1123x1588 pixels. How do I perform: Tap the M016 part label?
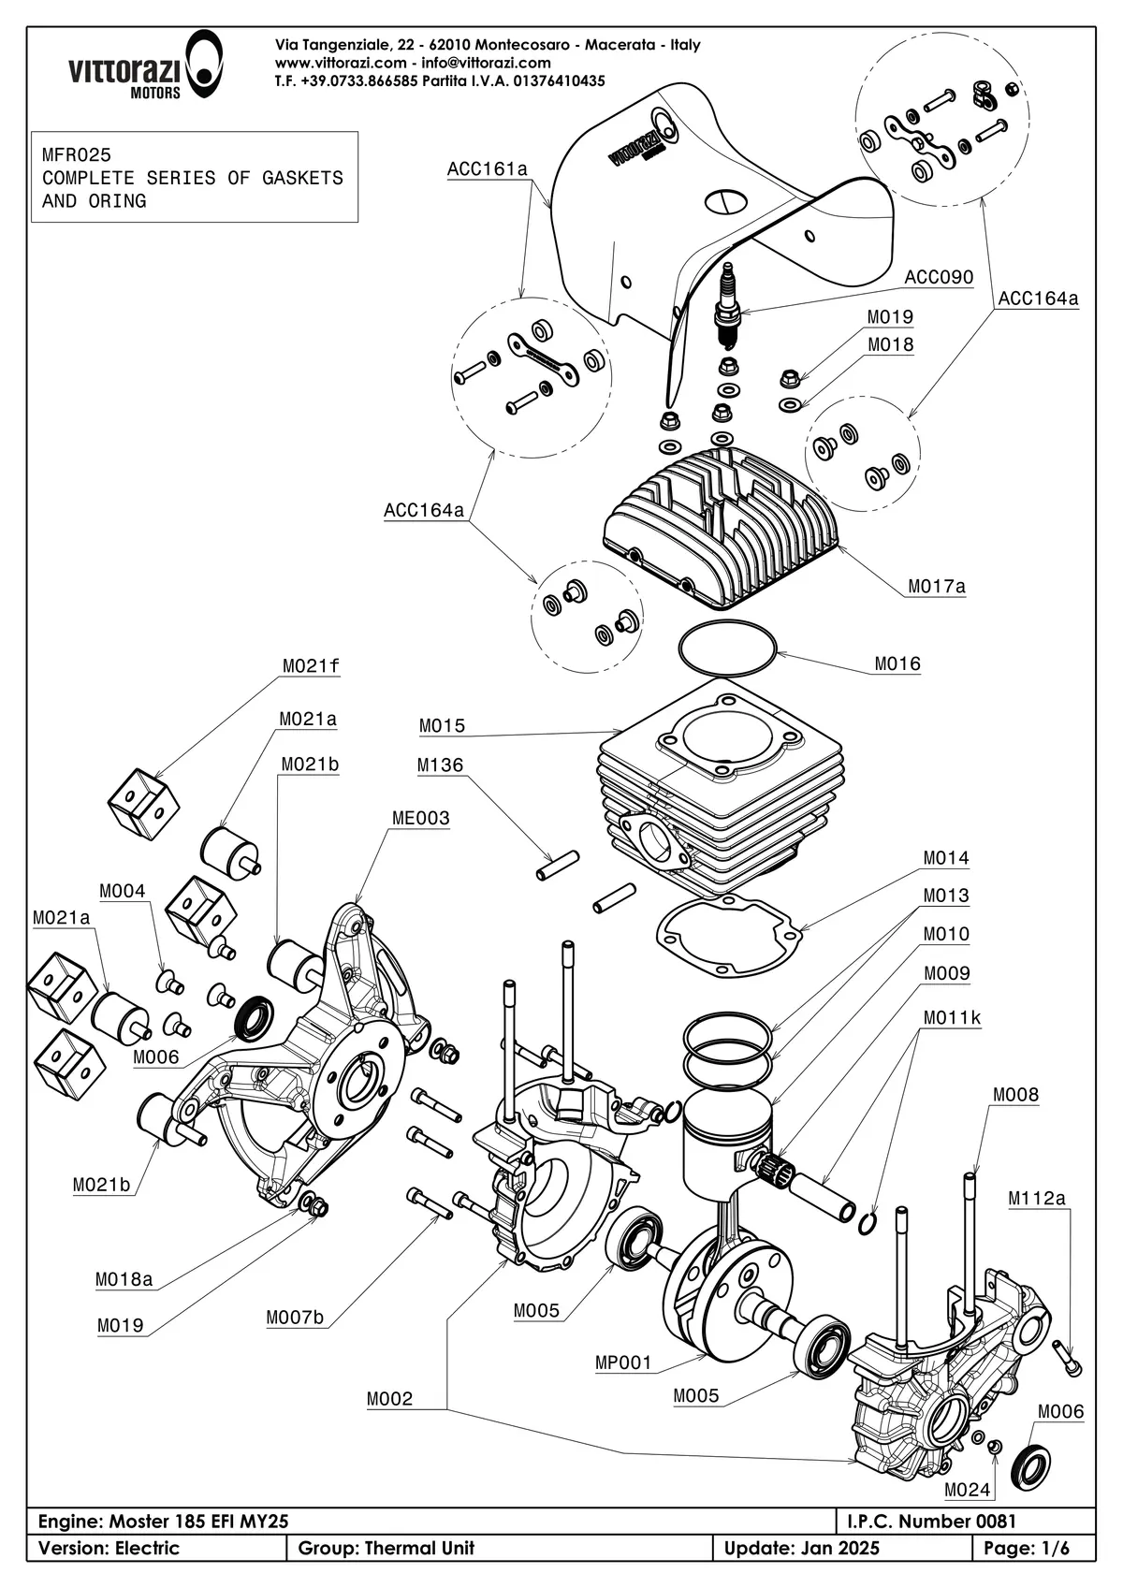[897, 663]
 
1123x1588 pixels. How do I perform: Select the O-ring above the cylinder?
[727, 648]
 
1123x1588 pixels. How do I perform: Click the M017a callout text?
[937, 587]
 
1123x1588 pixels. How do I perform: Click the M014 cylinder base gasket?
[730, 935]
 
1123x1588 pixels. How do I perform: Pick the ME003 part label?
[420, 818]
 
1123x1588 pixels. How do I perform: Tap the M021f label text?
[311, 665]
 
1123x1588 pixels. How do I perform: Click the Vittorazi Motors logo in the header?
[145, 66]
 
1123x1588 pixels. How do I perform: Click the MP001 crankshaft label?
[622, 1362]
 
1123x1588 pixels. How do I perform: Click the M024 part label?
[967, 1490]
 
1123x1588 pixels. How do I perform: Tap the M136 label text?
[440, 765]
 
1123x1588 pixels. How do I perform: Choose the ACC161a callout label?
[487, 168]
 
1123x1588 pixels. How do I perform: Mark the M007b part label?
[295, 1318]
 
